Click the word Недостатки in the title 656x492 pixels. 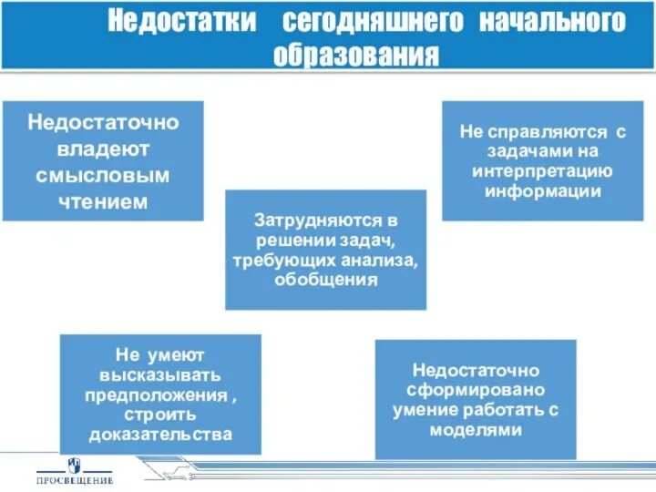(180, 22)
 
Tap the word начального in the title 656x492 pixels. (552, 22)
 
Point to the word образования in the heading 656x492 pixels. (356, 55)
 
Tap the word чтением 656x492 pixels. (102, 200)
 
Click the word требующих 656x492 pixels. (271, 261)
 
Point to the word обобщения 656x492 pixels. (325, 281)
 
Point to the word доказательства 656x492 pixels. (160, 435)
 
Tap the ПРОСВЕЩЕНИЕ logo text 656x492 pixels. (75, 480)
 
